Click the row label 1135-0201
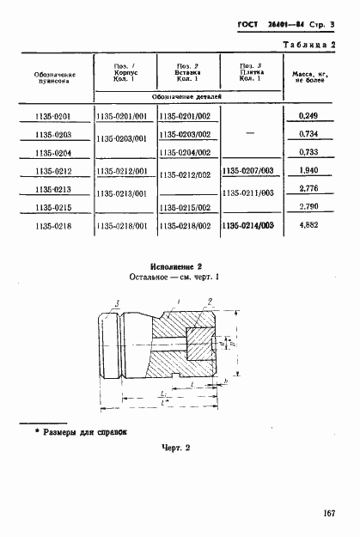point(54,115)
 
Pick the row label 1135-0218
point(54,227)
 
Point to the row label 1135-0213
point(54,189)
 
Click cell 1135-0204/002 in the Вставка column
point(187,152)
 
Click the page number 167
point(328,513)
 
